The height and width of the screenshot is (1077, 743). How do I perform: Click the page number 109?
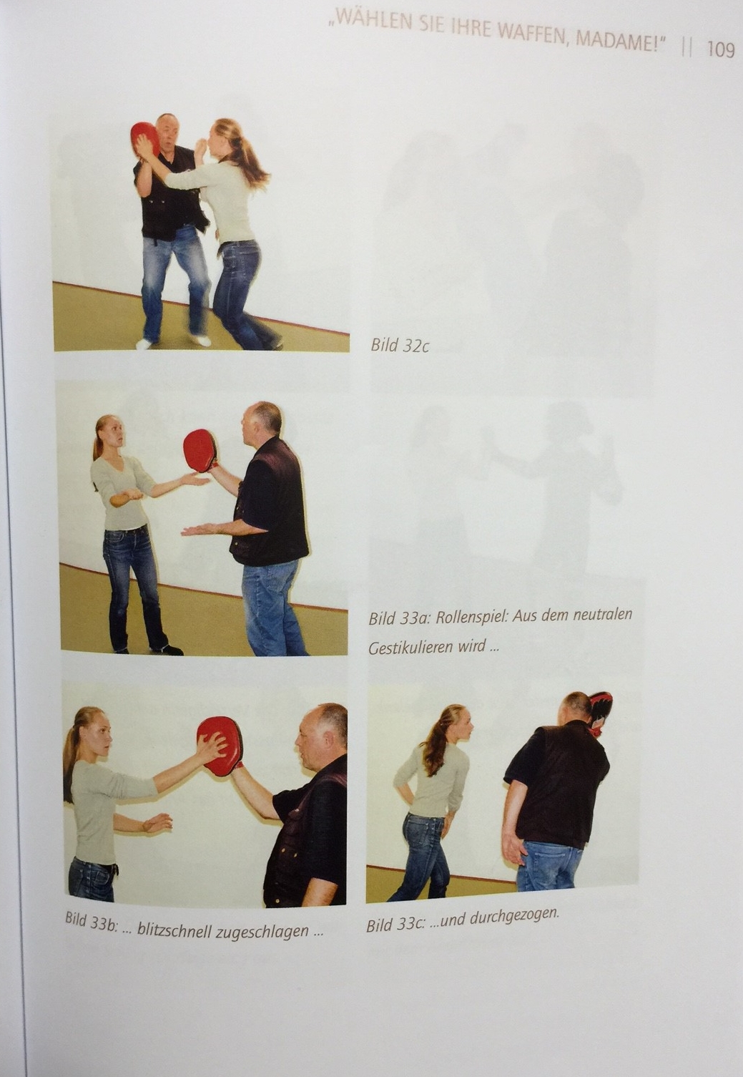(x=720, y=49)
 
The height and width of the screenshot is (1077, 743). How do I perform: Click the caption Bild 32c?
(x=399, y=345)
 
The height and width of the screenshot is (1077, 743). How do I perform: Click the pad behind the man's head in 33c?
(x=600, y=717)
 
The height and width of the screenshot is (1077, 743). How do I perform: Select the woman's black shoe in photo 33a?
(x=167, y=650)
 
